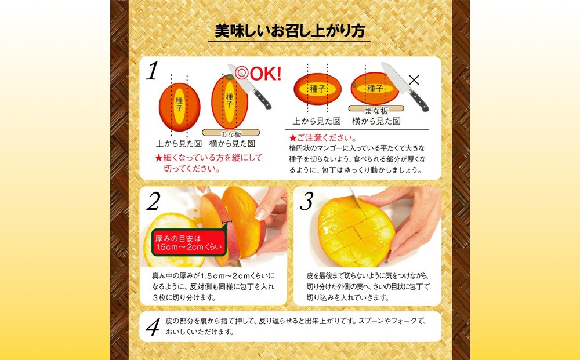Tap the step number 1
(x=152, y=71)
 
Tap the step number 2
(x=153, y=201)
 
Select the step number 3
(x=306, y=201)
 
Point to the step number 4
(x=153, y=327)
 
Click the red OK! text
(x=266, y=74)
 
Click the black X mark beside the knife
(x=414, y=80)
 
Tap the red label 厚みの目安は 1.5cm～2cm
(x=188, y=243)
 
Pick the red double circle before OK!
(x=242, y=73)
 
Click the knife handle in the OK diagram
(x=263, y=100)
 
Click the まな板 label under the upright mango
(x=231, y=134)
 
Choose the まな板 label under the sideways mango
(x=376, y=110)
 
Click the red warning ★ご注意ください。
(x=322, y=138)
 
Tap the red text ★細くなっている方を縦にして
(x=208, y=158)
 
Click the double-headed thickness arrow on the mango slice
(x=227, y=222)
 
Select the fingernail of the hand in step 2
(x=260, y=214)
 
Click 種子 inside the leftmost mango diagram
(x=179, y=104)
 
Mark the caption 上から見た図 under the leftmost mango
(x=179, y=143)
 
